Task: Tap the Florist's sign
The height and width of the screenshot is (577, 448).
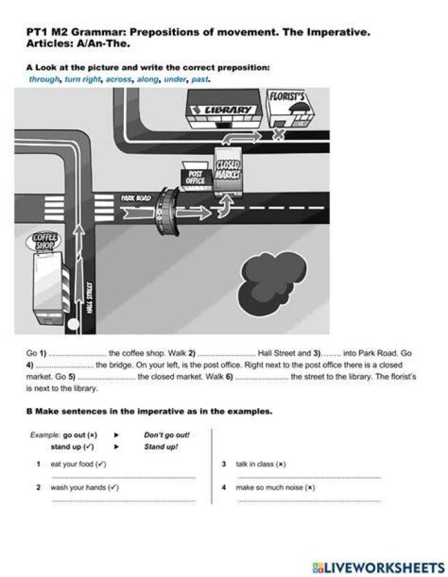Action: click(x=287, y=97)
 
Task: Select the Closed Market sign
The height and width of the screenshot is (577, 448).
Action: click(x=228, y=170)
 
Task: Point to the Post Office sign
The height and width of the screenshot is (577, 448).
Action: click(x=195, y=177)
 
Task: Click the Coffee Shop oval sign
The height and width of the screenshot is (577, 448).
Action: click(x=44, y=241)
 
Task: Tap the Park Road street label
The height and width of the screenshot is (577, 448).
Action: click(x=136, y=198)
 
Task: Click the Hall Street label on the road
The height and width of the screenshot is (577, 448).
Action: click(x=89, y=298)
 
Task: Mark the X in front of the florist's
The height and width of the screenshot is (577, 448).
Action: click(x=279, y=135)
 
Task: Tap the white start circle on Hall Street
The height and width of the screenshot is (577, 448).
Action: click(x=73, y=324)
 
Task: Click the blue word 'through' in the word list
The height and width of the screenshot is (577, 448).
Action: click(x=44, y=80)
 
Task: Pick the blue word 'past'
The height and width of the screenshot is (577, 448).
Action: click(x=200, y=80)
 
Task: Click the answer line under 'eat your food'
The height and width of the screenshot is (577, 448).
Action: click(x=124, y=478)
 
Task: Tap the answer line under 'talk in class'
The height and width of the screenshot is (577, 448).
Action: click(x=309, y=478)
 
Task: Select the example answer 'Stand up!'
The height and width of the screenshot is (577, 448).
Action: click(x=161, y=446)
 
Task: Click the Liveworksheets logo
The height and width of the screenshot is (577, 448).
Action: click(x=378, y=568)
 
